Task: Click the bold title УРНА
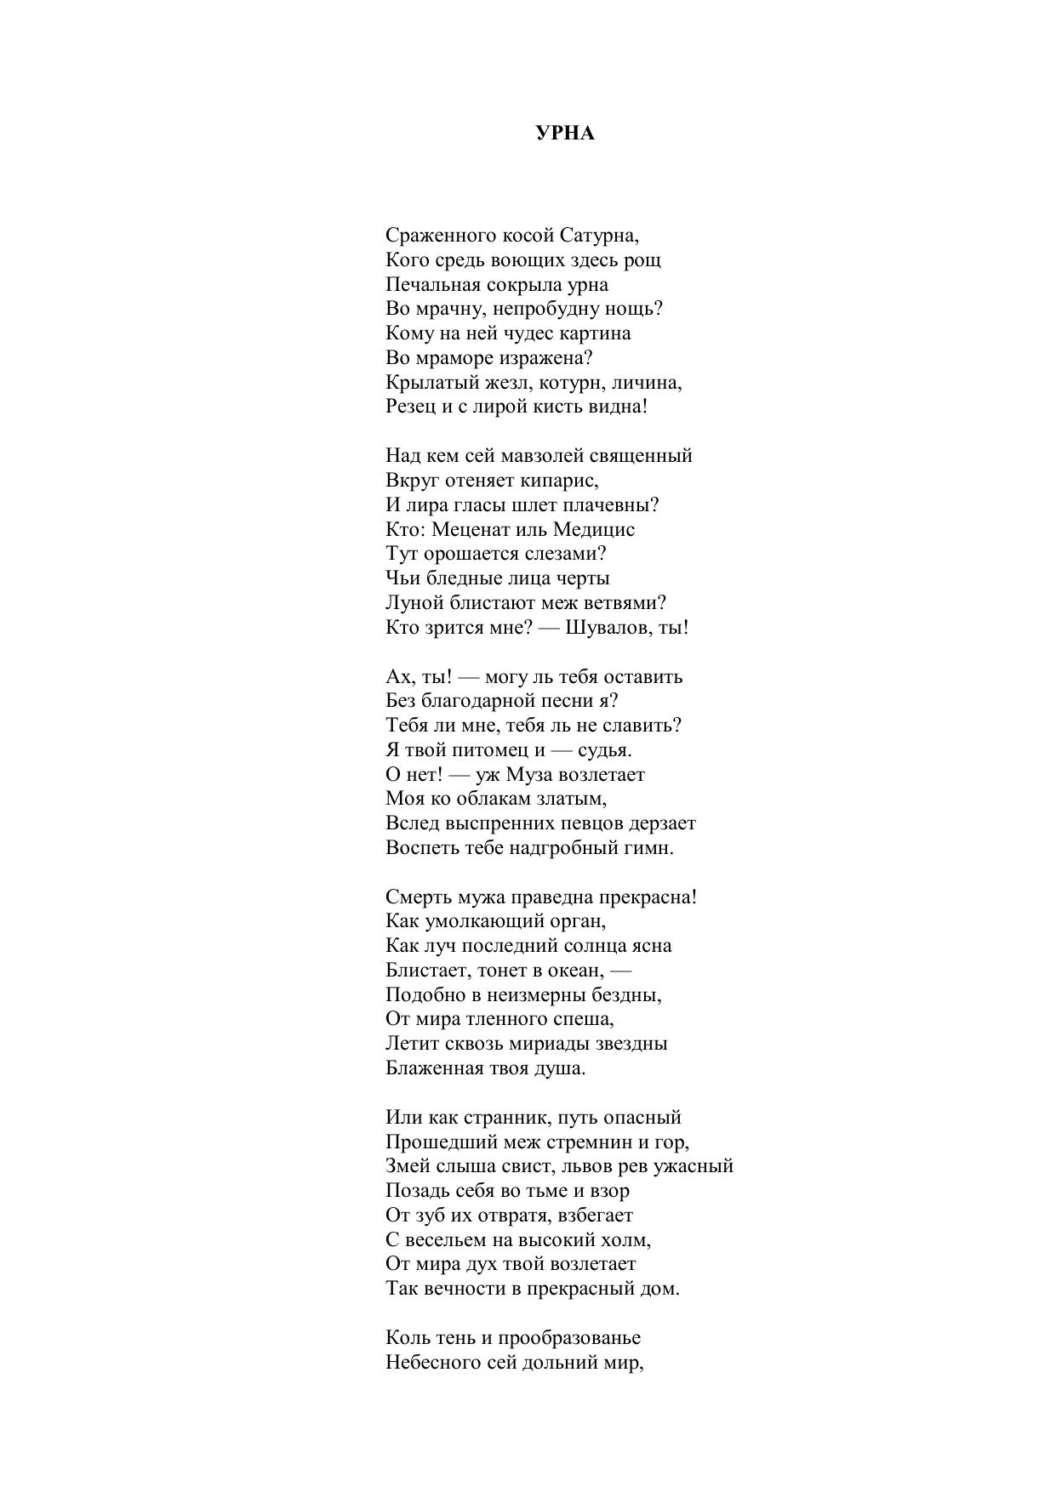tap(565, 134)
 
